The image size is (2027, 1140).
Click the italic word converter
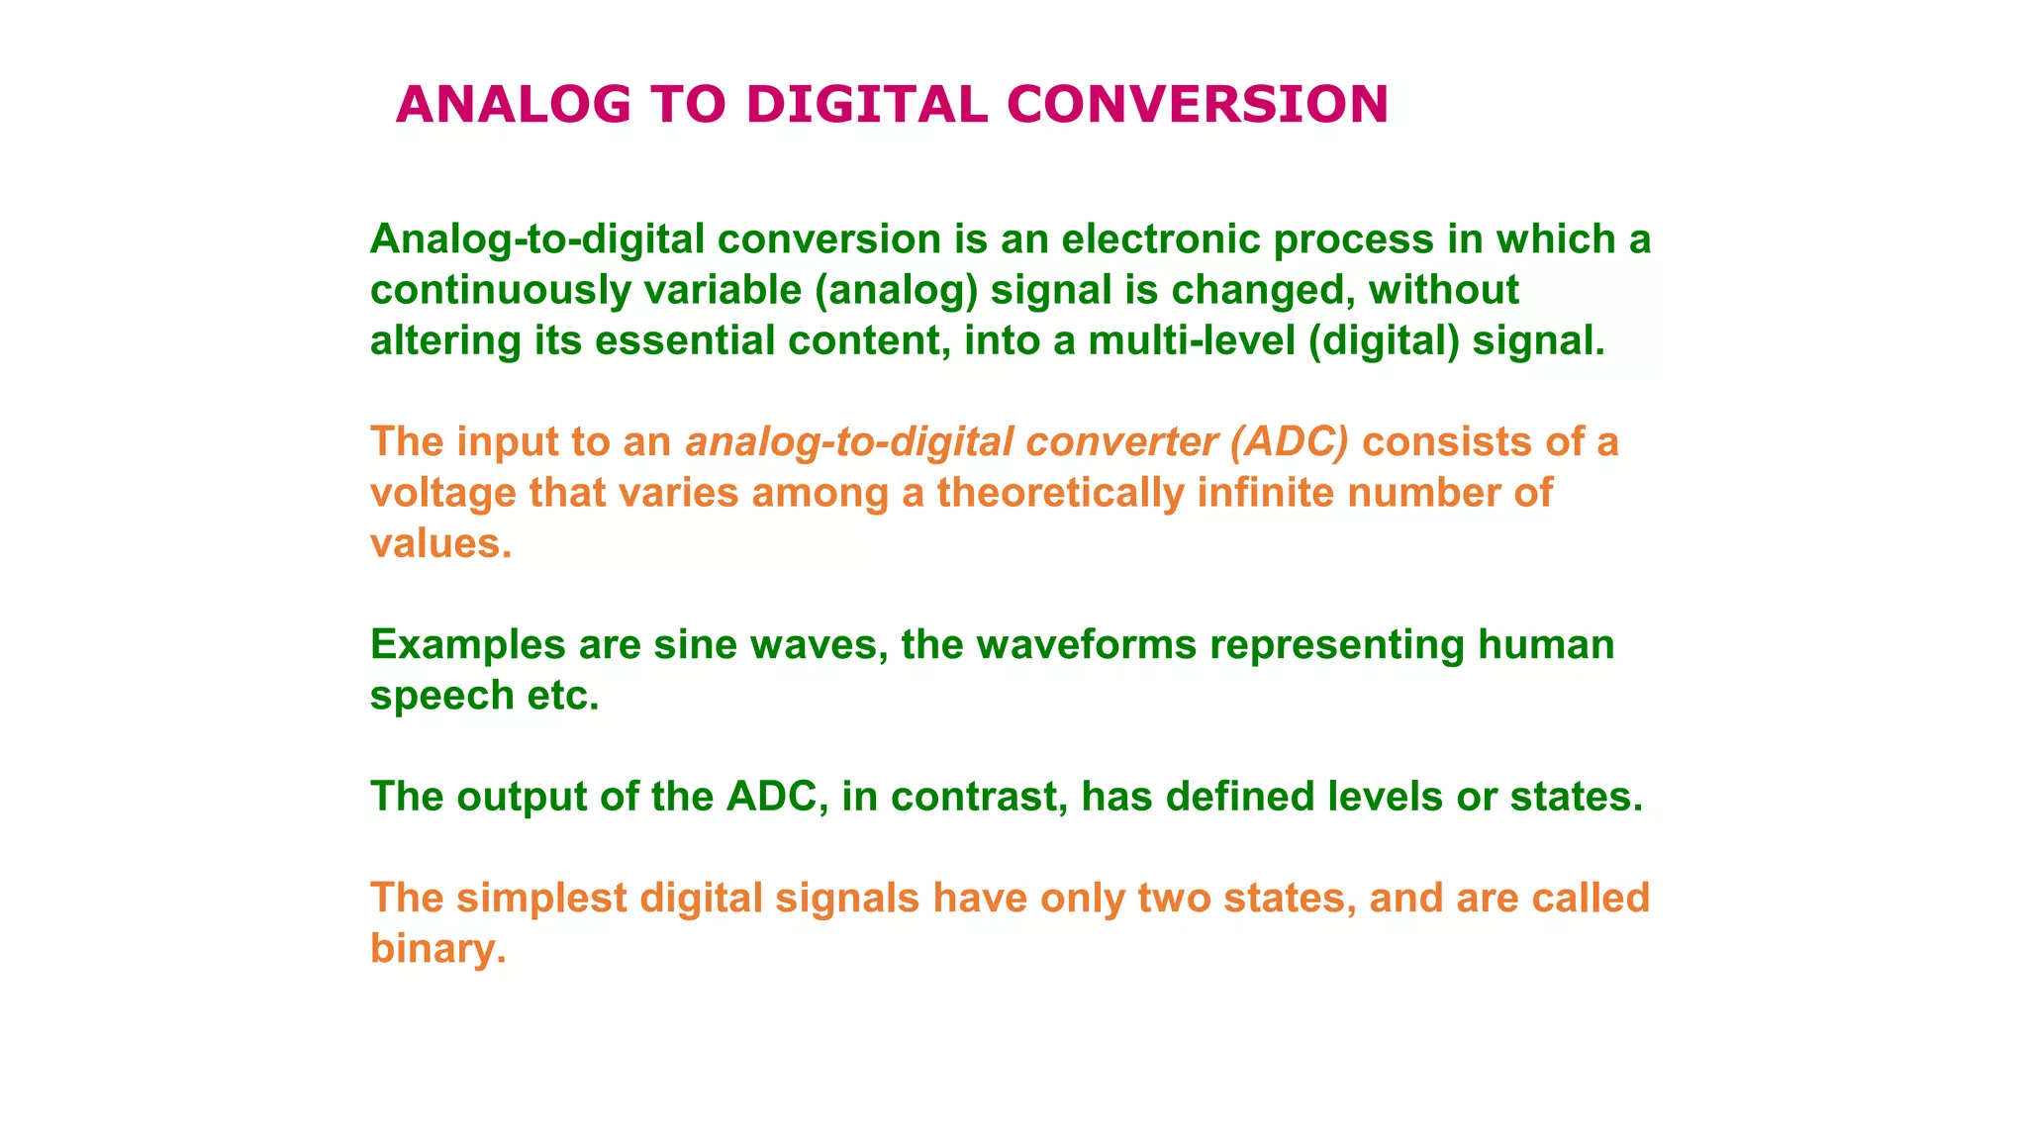click(x=1121, y=442)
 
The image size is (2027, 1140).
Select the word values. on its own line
click(x=441, y=543)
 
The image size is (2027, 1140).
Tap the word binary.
click(x=437, y=949)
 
